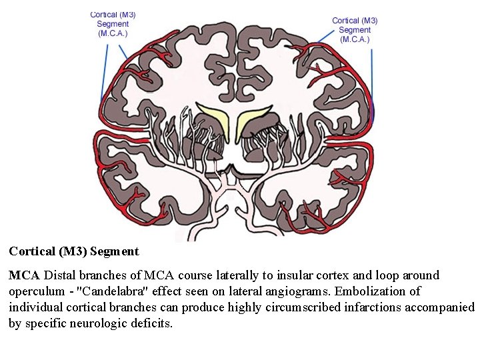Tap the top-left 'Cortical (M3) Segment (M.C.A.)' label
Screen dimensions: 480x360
(x=113, y=23)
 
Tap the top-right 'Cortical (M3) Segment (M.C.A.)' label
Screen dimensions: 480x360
(x=355, y=30)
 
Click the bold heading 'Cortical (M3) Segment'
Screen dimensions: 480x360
(x=74, y=251)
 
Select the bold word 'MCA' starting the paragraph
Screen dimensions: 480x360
(x=25, y=275)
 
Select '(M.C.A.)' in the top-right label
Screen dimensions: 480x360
(x=355, y=39)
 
